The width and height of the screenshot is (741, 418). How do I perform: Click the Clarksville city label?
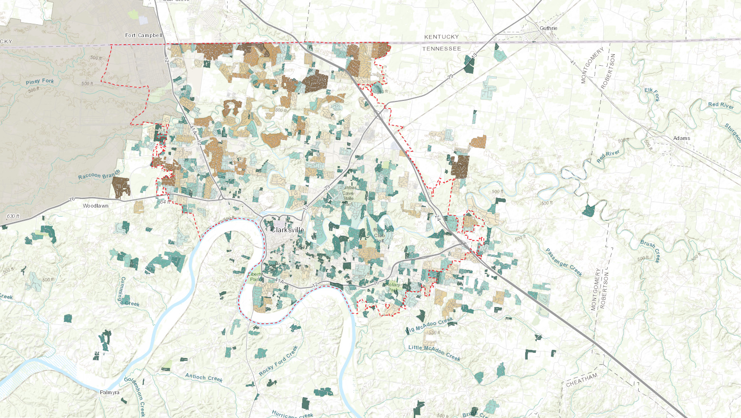(287, 230)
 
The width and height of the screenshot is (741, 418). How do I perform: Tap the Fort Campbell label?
(144, 35)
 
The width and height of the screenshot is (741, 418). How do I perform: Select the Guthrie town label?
(548, 28)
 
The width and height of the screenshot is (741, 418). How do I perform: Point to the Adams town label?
(681, 138)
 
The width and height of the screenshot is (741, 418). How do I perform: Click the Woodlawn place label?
(96, 206)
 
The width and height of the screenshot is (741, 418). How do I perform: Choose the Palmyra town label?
(110, 392)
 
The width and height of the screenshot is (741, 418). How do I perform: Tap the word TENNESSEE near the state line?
(441, 49)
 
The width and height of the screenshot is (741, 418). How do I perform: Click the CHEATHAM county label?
(581, 379)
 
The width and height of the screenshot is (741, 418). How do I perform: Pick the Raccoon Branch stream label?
(99, 175)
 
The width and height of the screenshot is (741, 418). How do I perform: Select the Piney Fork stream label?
(40, 81)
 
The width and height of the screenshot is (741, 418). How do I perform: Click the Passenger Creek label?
(564, 262)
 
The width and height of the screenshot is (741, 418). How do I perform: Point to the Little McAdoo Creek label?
(434, 352)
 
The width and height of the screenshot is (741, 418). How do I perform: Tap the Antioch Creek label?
(204, 378)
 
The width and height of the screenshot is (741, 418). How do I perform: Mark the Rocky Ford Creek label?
(278, 361)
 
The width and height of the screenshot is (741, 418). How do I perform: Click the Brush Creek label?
(650, 251)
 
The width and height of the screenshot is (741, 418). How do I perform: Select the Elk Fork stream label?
(652, 94)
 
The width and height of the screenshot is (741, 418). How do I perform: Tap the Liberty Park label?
(256, 277)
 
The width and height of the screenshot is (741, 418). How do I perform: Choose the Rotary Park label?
(393, 287)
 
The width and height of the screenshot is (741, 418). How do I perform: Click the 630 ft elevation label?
(13, 216)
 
